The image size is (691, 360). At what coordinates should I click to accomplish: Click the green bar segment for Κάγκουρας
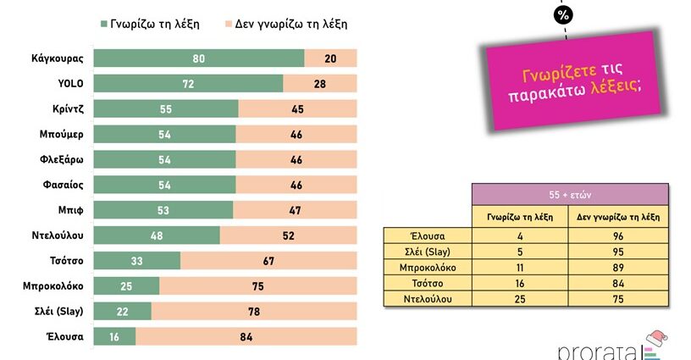point(198,58)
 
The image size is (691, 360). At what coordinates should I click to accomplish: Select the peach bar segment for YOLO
point(320,83)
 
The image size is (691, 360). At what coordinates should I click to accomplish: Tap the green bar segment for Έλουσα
point(113,336)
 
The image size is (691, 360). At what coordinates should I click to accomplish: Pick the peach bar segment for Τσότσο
point(268,260)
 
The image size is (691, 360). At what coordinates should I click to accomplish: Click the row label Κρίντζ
point(66,108)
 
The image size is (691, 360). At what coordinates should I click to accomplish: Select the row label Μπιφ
point(71,210)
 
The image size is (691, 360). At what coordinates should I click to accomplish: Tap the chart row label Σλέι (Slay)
point(58,311)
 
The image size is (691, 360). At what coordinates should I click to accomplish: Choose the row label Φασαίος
point(63,185)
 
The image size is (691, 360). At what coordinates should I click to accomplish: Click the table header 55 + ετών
point(571,195)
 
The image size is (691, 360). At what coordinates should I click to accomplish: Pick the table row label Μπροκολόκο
point(428,267)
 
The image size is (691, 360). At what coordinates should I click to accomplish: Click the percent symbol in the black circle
point(563,15)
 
